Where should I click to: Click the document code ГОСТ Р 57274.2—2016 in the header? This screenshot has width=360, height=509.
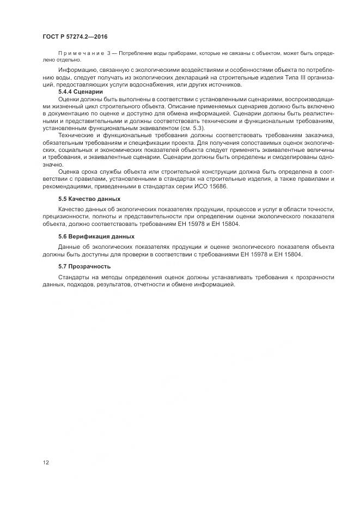tap(75, 36)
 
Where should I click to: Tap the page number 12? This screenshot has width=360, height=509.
tap(46, 463)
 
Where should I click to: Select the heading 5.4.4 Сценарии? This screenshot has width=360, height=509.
tap(81, 92)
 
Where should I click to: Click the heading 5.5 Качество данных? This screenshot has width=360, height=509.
tap(89, 199)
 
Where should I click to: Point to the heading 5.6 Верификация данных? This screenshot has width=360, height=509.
tap(96, 237)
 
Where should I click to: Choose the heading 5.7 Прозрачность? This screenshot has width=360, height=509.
tap(84, 266)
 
